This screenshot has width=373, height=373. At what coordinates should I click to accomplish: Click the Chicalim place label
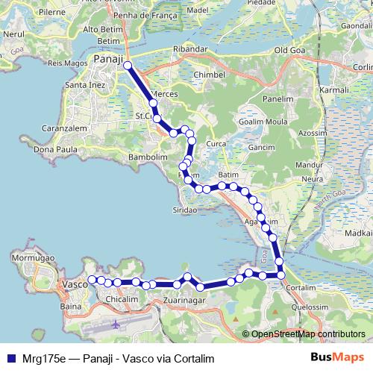[x=122, y=299]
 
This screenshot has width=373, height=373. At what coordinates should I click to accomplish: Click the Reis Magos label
[x=64, y=63]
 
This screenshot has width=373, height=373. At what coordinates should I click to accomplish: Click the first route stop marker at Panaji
[x=128, y=66]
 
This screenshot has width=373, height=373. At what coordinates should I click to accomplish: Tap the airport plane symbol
[x=117, y=325]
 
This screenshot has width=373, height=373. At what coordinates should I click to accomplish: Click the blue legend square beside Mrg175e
[x=10, y=357]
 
